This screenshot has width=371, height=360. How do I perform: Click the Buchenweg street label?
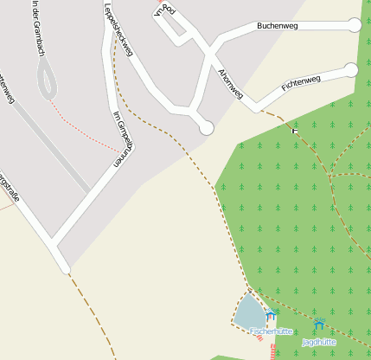pos(277,27)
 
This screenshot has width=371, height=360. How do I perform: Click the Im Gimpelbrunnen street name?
pos(120,137)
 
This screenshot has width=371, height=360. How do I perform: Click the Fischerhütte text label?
pos(270,331)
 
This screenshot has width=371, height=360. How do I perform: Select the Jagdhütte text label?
pos(319,342)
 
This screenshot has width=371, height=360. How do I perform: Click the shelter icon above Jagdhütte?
pos(319,325)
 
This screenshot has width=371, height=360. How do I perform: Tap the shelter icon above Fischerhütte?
pos(271,315)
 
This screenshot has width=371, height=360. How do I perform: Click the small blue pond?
pos(249,311)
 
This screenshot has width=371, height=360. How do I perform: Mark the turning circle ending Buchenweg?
pos(355,25)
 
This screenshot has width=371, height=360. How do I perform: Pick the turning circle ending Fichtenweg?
pos(351,69)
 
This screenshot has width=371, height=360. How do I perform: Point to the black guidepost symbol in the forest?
pos(296,127)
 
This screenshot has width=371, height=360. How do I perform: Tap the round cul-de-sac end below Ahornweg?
pos(206,127)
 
